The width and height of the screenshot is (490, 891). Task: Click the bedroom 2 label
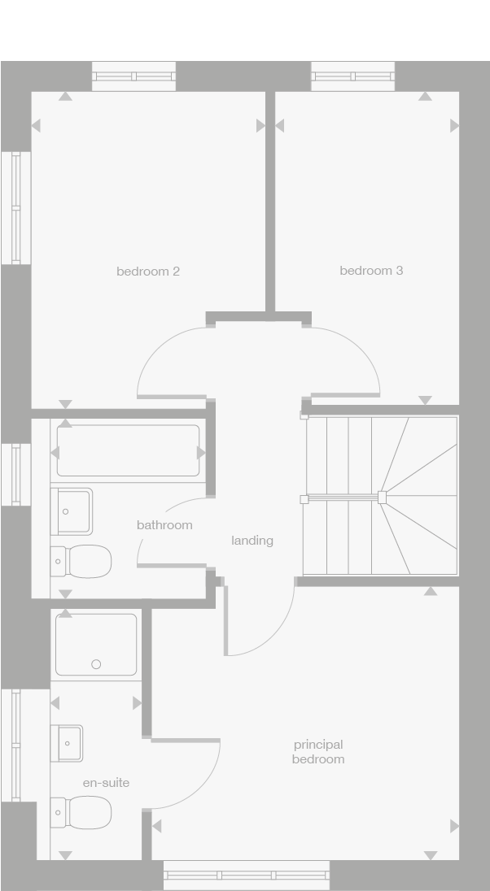click(x=148, y=272)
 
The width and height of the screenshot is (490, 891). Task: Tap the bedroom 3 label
click(x=371, y=271)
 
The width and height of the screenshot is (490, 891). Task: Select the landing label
click(x=252, y=541)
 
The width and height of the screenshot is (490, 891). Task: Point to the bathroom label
click(x=164, y=525)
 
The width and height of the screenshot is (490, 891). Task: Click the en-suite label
click(x=106, y=782)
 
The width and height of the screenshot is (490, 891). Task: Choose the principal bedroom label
click(x=318, y=752)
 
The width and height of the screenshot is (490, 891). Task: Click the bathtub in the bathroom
click(x=128, y=450)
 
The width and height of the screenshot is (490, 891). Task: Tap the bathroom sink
click(x=71, y=511)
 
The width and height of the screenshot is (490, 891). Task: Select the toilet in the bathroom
click(x=81, y=562)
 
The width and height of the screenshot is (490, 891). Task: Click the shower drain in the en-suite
click(x=96, y=663)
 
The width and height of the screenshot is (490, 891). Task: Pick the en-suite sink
click(x=67, y=743)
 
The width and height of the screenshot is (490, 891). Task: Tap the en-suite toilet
click(x=81, y=812)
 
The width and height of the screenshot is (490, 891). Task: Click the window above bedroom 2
click(x=133, y=76)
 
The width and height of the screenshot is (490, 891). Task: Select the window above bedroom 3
click(x=352, y=76)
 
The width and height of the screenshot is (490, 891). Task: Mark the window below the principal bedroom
click(x=247, y=875)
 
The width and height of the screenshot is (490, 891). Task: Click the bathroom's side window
click(x=16, y=475)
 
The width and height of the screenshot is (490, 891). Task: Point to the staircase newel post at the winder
click(x=382, y=498)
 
